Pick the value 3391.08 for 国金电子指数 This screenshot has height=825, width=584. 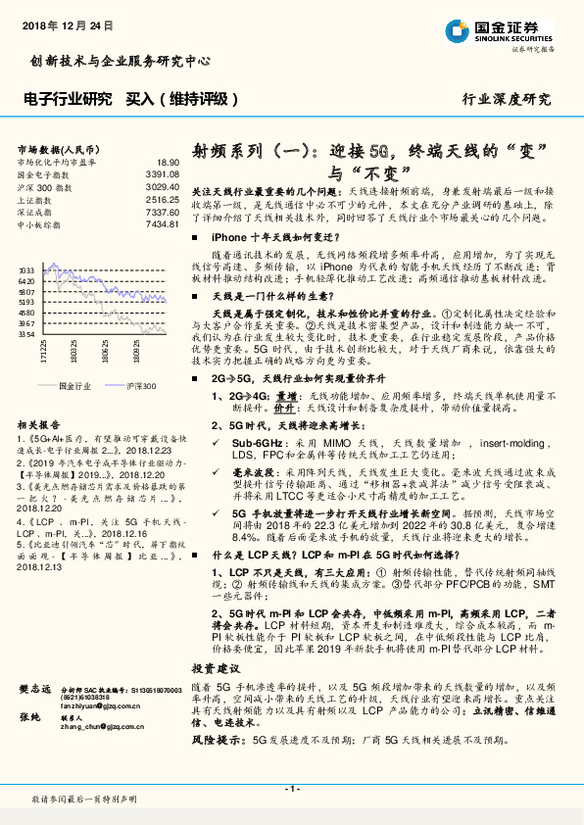pyautogui.click(x=162, y=174)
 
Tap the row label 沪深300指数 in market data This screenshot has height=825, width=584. pyautogui.click(x=45, y=186)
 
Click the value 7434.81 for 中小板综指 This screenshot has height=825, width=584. pyautogui.click(x=162, y=224)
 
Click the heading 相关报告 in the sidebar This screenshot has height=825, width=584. pyautogui.click(x=40, y=423)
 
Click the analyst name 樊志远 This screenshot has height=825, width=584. pyautogui.click(x=35, y=691)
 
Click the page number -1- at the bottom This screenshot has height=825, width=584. pyautogui.click(x=291, y=788)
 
